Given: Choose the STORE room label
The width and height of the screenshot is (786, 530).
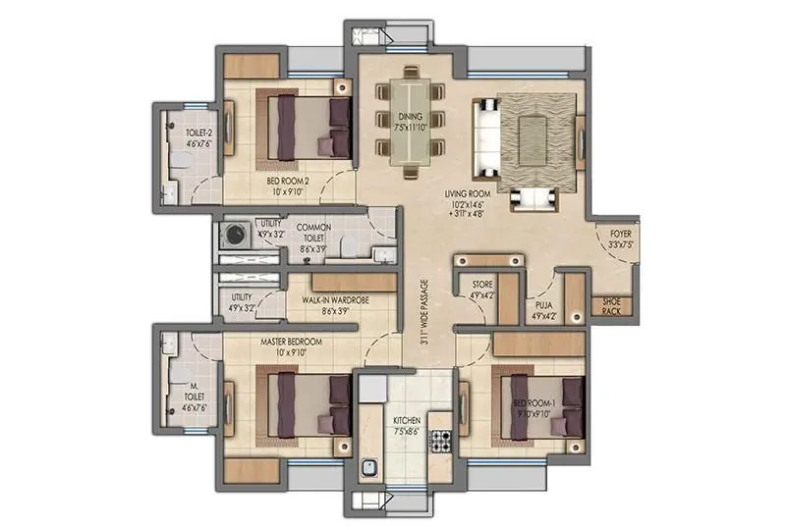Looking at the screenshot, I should [x=481, y=287].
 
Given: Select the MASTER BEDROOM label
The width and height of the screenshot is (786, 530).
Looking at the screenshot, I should [x=291, y=342].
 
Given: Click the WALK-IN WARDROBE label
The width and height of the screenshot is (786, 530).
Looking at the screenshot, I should [x=336, y=300].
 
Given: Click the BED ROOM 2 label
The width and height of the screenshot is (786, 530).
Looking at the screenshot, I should [x=288, y=182].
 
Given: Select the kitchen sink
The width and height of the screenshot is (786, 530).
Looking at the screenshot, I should [x=370, y=468].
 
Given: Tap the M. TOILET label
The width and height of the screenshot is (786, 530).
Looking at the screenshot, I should [x=188, y=391].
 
